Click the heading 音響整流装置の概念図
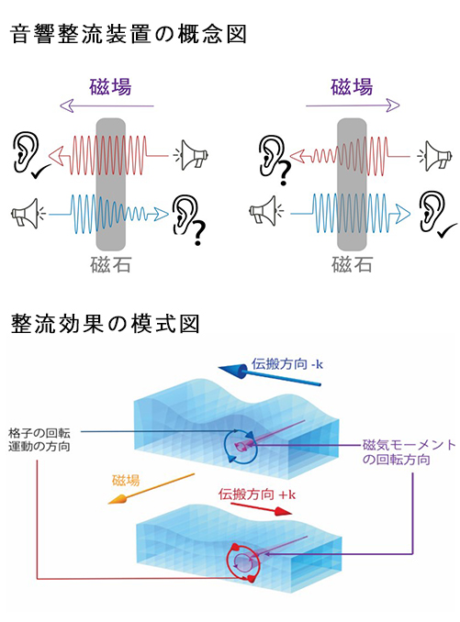coord(128,34)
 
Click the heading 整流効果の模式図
coord(105,324)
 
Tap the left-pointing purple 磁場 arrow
coord(106,106)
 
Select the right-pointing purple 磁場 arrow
coord(353,106)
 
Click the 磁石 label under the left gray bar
coord(111,265)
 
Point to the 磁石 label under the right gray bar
coord(352,264)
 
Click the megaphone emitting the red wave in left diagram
coord(194,155)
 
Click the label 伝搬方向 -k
coord(287,364)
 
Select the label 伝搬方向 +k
coord(257,494)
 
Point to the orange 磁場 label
coord(126,481)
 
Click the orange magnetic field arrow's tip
coord(108,504)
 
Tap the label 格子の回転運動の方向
coord(39,439)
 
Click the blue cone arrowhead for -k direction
coord(234,372)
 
